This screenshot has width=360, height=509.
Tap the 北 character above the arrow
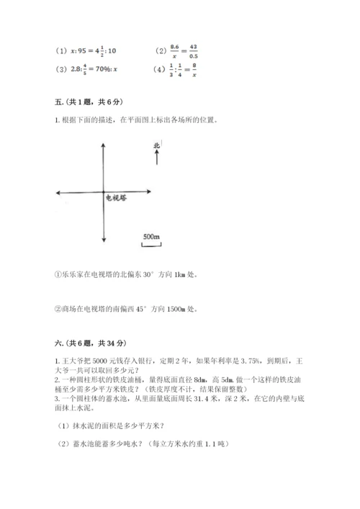click(156, 146)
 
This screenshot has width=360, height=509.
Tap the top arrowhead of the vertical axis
click(106, 143)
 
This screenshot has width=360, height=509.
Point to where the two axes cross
click(106, 192)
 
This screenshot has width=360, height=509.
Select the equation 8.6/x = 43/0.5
click(186, 51)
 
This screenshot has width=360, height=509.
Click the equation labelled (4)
click(183, 71)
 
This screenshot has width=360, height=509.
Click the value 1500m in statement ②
click(180, 310)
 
